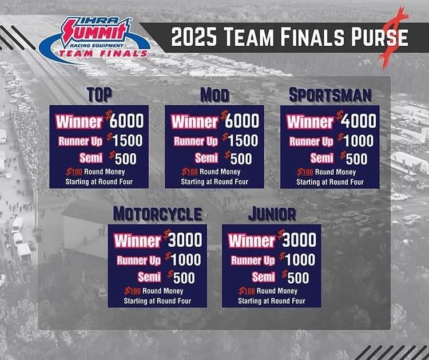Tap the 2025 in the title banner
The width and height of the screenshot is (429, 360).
(194, 37)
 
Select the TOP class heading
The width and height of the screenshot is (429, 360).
(100, 95)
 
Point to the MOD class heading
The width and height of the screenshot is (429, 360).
(214, 95)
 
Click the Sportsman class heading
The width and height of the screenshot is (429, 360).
(330, 95)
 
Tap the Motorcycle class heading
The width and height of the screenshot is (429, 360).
(158, 214)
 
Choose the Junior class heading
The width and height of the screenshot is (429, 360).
(272, 214)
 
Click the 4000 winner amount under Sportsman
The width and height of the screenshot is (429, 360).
(359, 121)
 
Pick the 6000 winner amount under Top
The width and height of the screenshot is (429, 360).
(126, 120)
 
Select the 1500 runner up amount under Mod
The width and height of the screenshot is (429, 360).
(243, 140)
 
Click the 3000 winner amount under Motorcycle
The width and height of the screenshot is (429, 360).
(185, 240)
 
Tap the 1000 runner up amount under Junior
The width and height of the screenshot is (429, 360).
(300, 259)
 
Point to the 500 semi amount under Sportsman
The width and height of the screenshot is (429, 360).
(357, 159)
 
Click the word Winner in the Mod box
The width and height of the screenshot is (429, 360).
(195, 121)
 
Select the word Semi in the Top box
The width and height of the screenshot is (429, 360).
(91, 158)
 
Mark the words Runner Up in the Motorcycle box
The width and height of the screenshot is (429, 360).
(139, 260)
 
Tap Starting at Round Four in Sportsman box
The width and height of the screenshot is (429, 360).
(330, 182)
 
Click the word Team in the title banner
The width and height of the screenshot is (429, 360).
(249, 37)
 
